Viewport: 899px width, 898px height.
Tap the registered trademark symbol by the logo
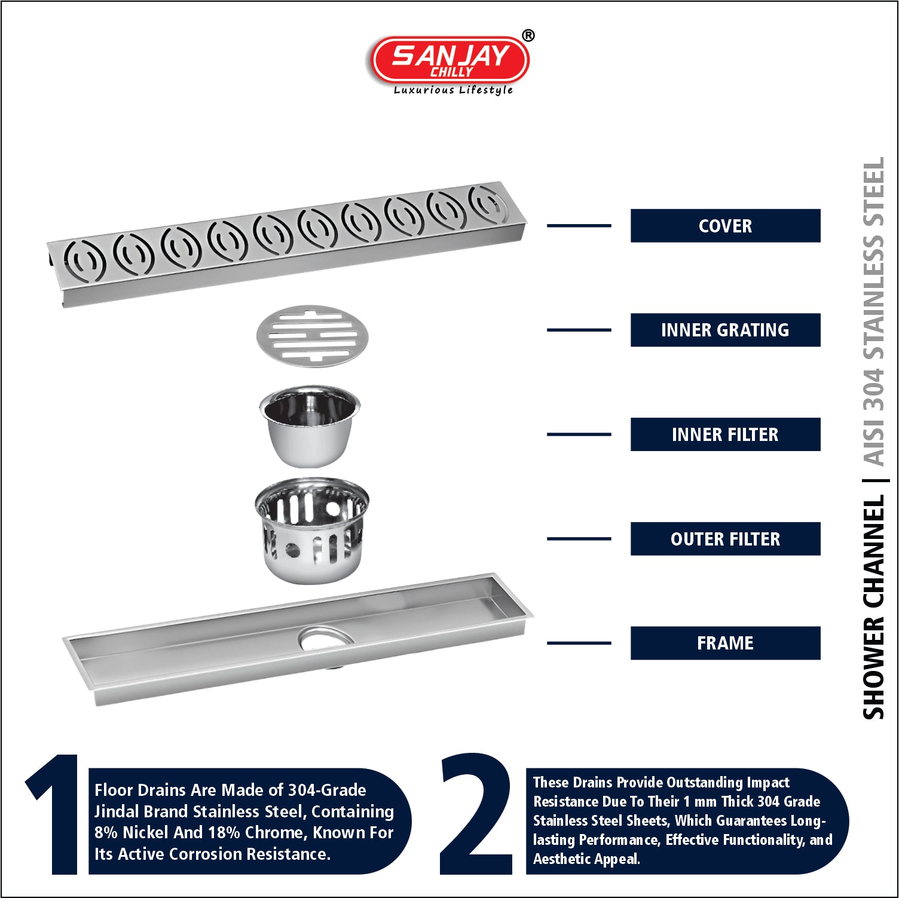tap(528, 36)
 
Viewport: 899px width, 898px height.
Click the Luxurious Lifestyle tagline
tap(453, 90)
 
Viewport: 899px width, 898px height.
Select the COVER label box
tap(725, 226)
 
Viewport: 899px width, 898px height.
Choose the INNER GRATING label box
tap(725, 330)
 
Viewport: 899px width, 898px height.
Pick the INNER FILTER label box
tap(725, 434)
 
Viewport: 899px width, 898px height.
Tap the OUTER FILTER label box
tap(725, 539)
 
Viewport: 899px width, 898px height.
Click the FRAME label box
tap(725, 643)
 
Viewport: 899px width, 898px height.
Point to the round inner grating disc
tap(312, 336)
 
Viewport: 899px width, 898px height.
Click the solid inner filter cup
tap(310, 426)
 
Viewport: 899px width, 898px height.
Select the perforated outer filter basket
tap(311, 530)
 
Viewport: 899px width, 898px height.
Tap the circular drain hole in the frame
tap(326, 639)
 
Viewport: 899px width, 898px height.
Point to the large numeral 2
tap(476, 814)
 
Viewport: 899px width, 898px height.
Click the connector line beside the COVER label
tap(579, 225)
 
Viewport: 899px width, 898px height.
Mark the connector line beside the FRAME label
tap(579, 643)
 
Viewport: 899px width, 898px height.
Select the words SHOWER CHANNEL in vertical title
tap(873, 606)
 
